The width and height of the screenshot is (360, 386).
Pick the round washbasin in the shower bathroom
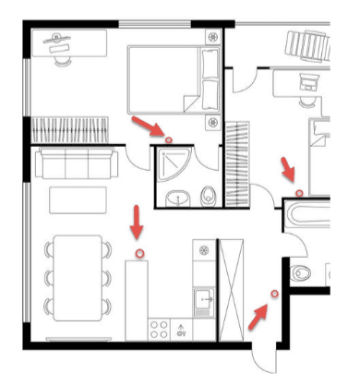click(x=180, y=197)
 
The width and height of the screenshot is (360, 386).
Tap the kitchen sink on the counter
click(x=204, y=298)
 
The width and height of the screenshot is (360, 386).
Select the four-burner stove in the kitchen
click(x=159, y=328)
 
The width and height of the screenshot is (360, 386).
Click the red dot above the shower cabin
click(x=168, y=139)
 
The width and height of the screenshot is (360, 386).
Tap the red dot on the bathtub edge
click(x=299, y=192)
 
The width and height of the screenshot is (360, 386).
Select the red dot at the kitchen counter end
click(x=139, y=252)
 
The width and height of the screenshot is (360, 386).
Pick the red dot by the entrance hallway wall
click(x=274, y=294)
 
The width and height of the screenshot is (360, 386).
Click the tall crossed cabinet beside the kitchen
click(x=230, y=290)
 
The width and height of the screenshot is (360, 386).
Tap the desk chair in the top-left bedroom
click(x=63, y=55)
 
